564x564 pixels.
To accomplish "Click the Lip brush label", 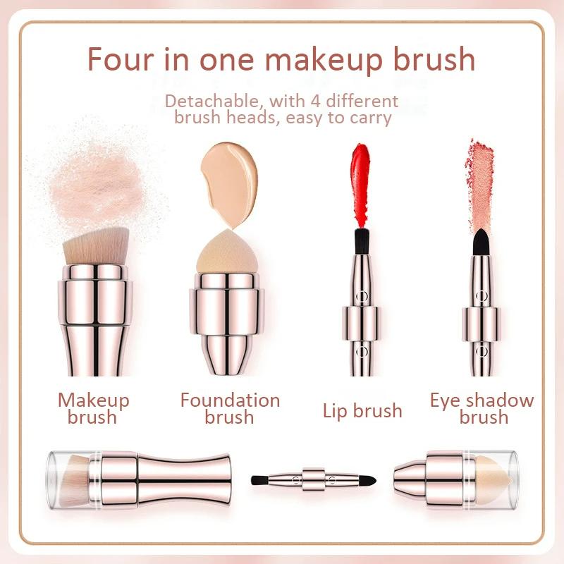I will tap(362, 410).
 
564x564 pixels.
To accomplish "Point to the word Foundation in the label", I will tap(230, 400).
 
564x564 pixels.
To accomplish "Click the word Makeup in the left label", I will tap(94, 400).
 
